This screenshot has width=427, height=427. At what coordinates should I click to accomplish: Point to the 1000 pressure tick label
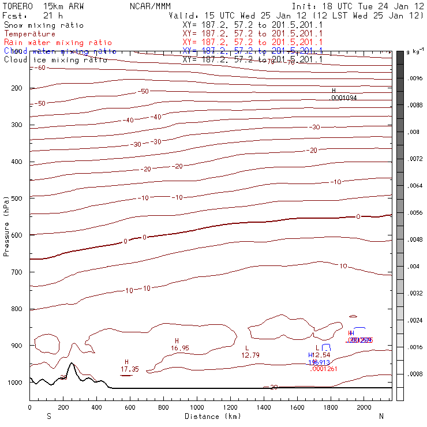coord(14,383)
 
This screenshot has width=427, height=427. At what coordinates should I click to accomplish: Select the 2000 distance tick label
coord(364,408)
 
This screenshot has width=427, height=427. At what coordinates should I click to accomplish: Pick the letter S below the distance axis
coord(49,416)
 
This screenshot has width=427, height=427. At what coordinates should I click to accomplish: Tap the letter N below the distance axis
coord(381,416)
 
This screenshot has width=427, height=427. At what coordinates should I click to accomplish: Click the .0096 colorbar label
coord(415,78)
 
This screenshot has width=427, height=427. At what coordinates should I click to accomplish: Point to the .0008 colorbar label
coord(415,374)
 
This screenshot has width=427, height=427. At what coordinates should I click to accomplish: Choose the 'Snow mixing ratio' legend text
coord(43,25)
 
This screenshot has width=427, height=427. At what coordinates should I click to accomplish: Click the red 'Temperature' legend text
coord(29,34)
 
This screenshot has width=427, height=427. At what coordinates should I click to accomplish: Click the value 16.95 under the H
coord(180,348)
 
